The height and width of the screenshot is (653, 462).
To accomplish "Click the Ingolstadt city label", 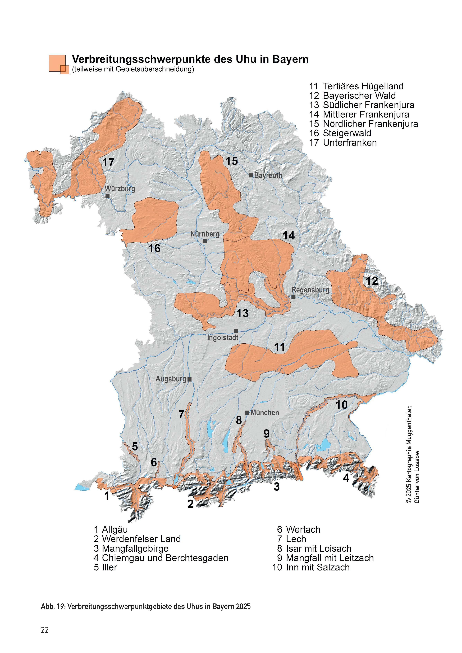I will coord(222,338).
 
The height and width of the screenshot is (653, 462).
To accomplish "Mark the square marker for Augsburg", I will coord(190,379).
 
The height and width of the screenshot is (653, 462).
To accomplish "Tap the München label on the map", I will coord(265,413).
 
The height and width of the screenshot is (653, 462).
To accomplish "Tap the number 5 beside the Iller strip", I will coord(135,446).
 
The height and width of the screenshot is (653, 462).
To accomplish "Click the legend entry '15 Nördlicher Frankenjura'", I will coord(363,124).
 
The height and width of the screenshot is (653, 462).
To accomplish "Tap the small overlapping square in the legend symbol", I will coord(65,69).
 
